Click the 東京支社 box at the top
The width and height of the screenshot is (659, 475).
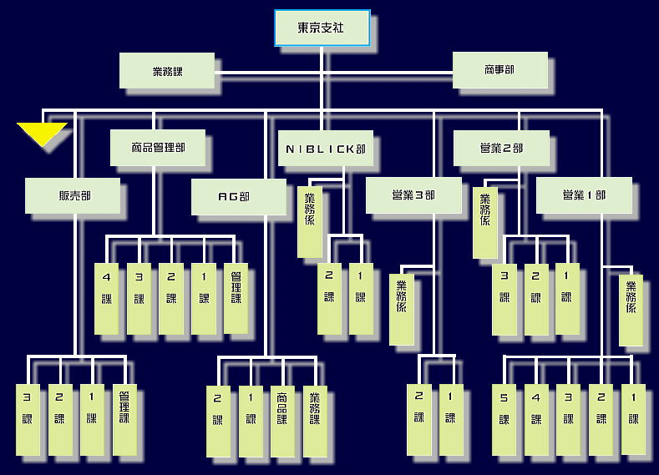click(322, 28)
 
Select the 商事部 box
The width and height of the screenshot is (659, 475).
click(499, 70)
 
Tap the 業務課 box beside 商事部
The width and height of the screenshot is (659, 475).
click(167, 71)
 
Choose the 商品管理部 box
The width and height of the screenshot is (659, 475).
click(158, 148)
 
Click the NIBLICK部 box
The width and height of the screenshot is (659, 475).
click(325, 149)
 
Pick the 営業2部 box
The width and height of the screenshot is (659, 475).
click(501, 148)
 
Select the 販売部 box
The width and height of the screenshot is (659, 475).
click(74, 196)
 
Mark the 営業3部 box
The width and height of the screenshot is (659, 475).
click(413, 195)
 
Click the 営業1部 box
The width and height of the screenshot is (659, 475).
click(584, 195)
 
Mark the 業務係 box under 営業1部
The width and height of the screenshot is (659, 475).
click(631, 310)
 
